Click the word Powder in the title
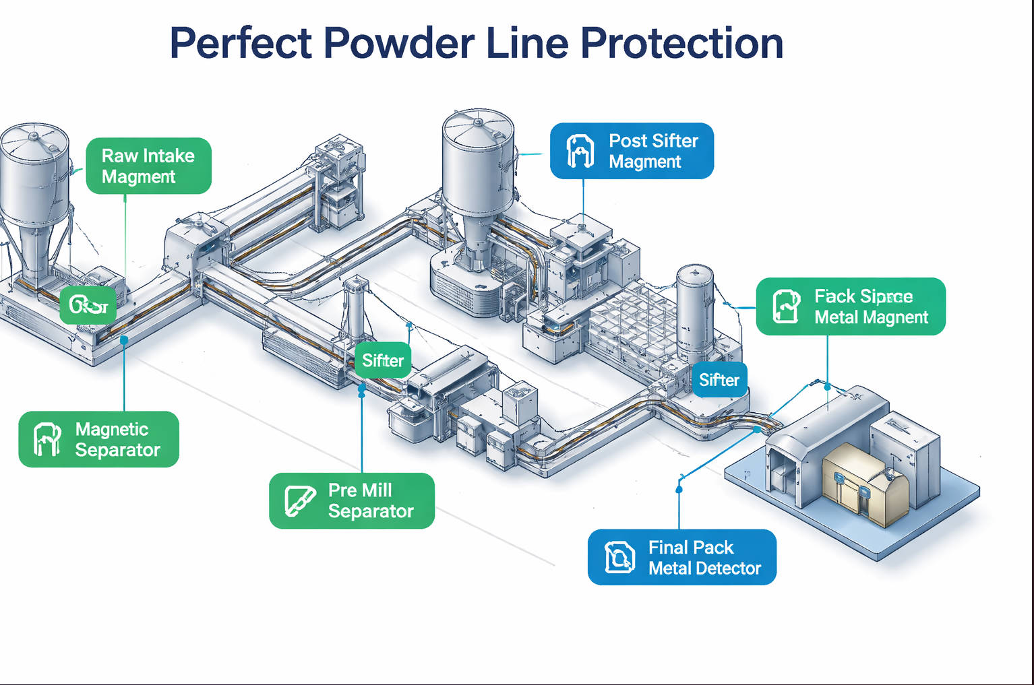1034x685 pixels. [398, 44]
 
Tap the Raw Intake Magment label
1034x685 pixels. [148, 166]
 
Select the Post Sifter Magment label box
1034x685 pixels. [632, 151]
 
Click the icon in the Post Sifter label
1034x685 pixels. [580, 151]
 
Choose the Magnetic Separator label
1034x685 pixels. [99, 439]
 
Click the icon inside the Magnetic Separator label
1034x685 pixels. [47, 439]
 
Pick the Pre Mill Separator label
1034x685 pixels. [352, 500]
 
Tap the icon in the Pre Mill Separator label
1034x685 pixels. [299, 500]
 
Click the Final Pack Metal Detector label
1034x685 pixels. [682, 557]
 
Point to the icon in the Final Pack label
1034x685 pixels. [619, 557]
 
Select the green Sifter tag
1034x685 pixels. [382, 360]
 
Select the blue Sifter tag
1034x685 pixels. [719, 380]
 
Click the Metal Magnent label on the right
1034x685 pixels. [851, 306]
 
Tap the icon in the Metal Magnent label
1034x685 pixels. [785, 306]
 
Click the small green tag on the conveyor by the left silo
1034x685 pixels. [88, 306]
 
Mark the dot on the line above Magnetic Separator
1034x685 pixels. [125, 340]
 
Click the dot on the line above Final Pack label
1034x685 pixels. [679, 490]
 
